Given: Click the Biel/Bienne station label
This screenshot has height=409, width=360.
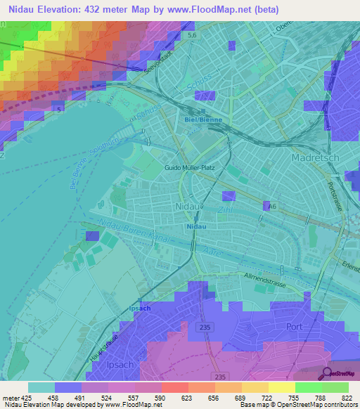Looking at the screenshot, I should pos(203,120).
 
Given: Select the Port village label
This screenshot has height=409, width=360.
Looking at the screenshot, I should pos(294,327).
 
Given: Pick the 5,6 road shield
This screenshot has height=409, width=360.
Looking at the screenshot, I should pos(191,34).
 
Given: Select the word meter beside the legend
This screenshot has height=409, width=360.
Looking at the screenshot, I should pos(9,398).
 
